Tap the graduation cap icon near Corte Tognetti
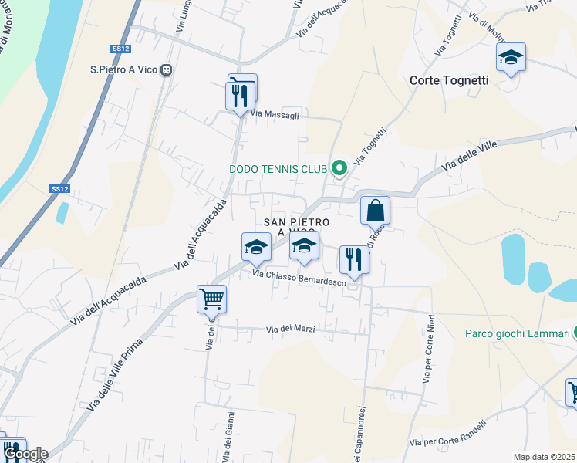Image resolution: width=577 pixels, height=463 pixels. [511, 58]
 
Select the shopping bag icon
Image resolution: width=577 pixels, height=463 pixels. [375, 210]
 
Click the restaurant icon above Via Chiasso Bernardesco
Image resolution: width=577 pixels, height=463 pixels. [354, 259]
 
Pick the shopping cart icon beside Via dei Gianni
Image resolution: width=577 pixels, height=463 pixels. [212, 298]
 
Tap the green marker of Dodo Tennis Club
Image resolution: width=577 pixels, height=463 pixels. [338, 167]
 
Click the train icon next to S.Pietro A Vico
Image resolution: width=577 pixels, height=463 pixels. [167, 69]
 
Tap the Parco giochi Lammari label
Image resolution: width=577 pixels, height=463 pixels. [517, 333]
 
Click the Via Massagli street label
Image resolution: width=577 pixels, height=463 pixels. [275, 114]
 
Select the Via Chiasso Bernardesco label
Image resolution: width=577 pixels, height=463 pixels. [299, 279]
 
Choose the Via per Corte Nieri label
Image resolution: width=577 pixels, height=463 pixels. [427, 350]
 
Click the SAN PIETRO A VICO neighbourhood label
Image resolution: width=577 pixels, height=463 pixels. [298, 227]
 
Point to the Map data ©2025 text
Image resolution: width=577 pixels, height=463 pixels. [544, 457]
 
